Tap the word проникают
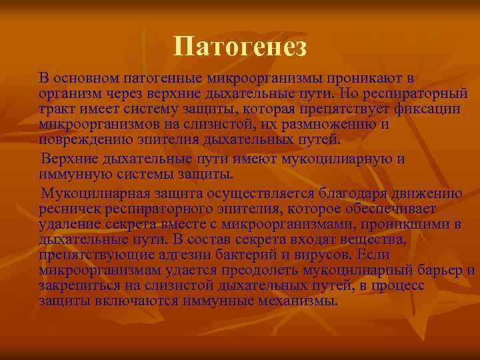pyautogui.click(x=364, y=79)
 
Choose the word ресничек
pyautogui.click(x=67, y=209)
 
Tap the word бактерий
pyautogui.click(x=233, y=255)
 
